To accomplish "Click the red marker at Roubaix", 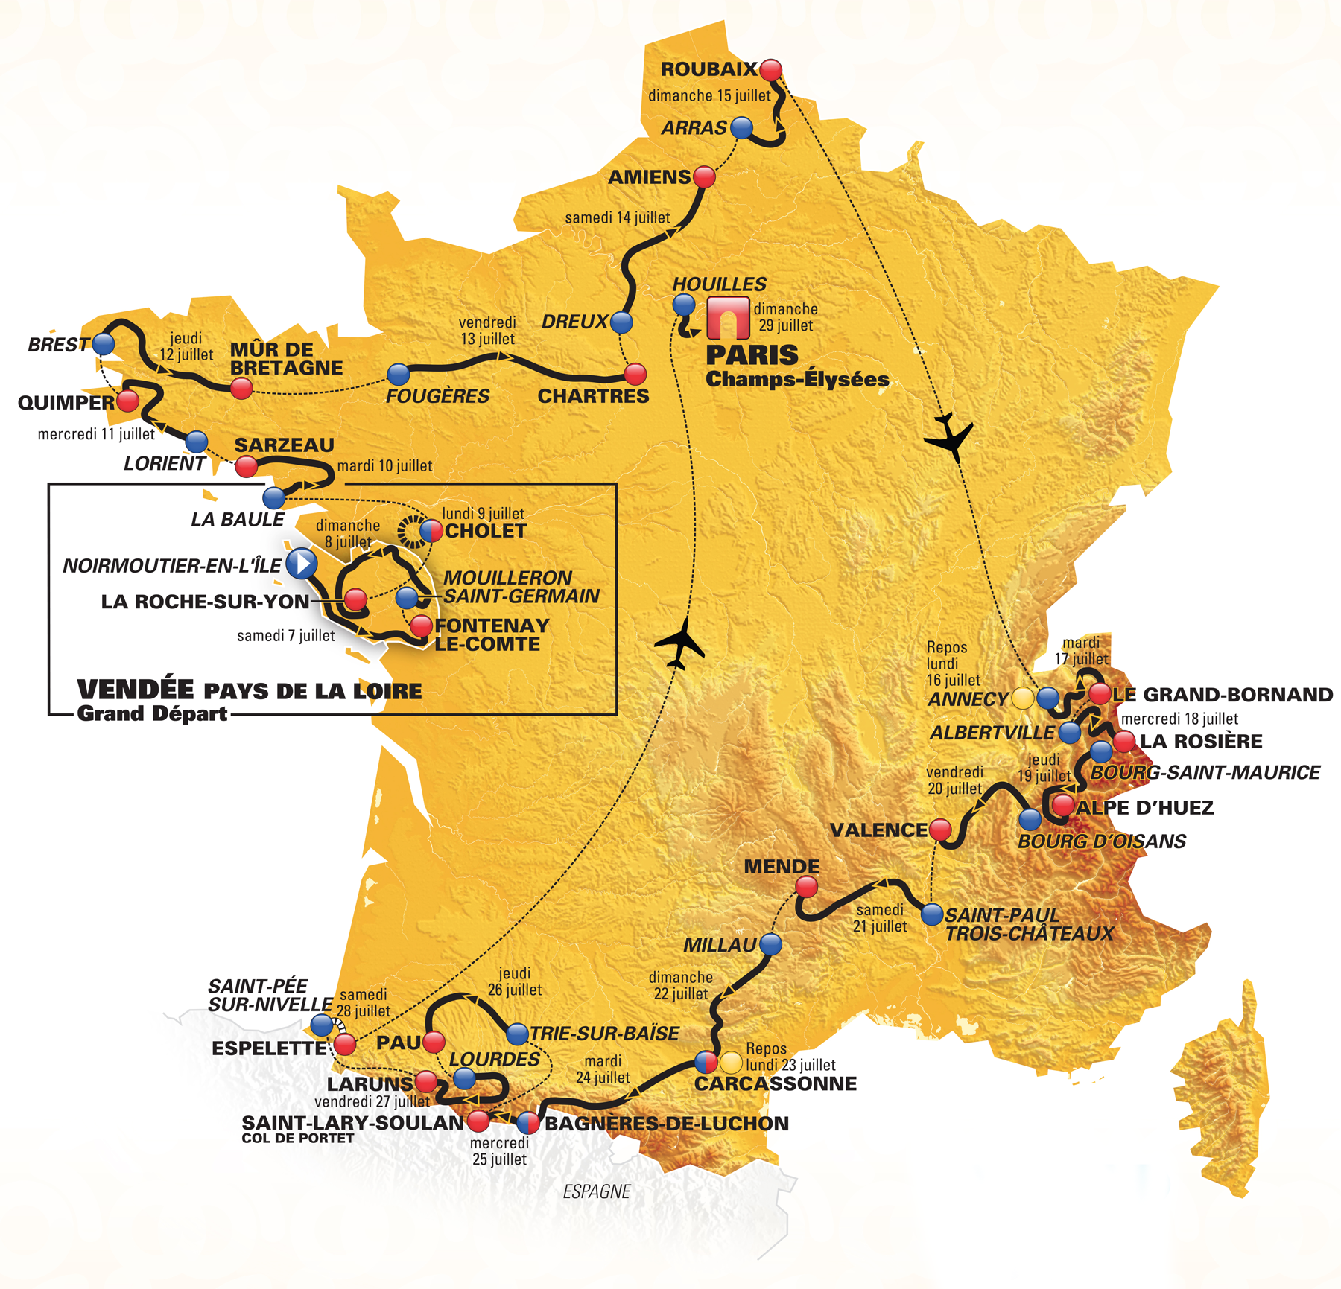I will [x=770, y=70].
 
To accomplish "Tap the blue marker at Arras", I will [x=741, y=127].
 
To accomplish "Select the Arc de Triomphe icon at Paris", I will [x=727, y=319].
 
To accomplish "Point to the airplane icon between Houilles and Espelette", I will [x=679, y=644].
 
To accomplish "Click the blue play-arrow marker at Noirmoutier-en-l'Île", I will [x=302, y=564].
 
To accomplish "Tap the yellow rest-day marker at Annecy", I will [x=1022, y=698].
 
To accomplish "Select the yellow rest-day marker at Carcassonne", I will [x=731, y=1062].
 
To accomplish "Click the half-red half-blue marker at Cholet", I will [x=431, y=531].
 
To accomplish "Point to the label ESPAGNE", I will [x=596, y=1191].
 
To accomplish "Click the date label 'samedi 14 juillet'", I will [x=617, y=218].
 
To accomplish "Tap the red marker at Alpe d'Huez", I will [x=1062, y=805].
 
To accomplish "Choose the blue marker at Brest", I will [x=103, y=344].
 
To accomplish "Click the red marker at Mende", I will [x=806, y=886].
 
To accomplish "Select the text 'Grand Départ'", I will [x=152, y=713].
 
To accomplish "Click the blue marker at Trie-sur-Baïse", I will [x=517, y=1034].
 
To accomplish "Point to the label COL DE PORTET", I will [x=297, y=1138].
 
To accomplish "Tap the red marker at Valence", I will [x=941, y=829].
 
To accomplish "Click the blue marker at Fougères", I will [x=399, y=374].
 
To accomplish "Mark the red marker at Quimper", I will [x=128, y=401].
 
